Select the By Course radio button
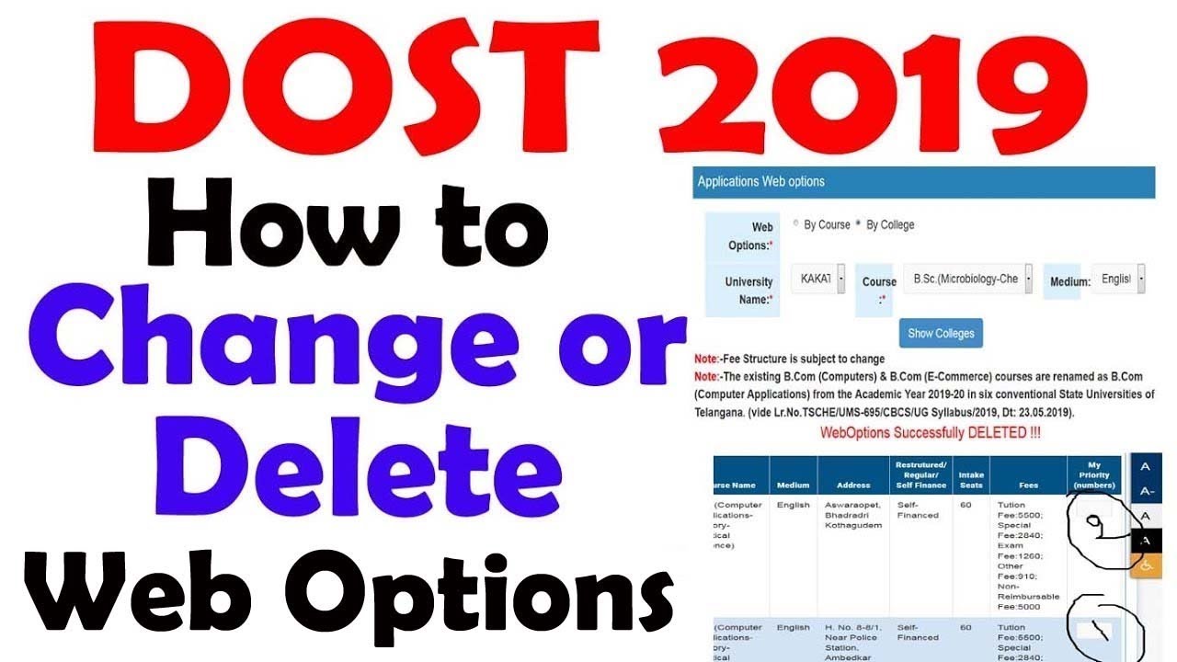[796, 224]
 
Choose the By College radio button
[859, 224]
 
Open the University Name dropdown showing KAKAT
[821, 279]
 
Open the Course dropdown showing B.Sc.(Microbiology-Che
[968, 279]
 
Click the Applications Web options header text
[760, 181]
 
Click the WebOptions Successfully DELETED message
[930, 432]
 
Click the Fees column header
[1028, 485]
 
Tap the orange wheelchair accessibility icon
[1145, 566]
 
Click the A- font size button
[1145, 491]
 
